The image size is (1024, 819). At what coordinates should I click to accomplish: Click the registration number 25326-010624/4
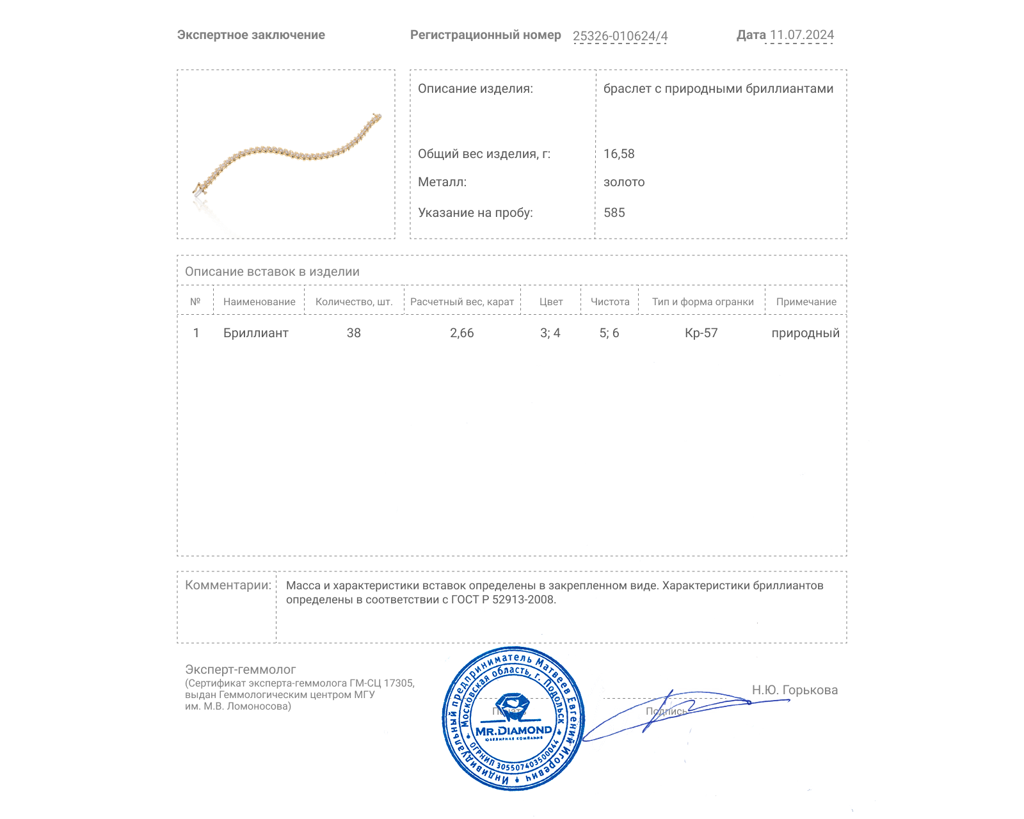coord(620,36)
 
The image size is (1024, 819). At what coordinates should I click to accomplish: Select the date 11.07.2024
coord(801,35)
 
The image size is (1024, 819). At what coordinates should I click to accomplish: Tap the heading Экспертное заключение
coord(251,35)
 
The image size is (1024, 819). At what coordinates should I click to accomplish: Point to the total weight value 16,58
coord(619,154)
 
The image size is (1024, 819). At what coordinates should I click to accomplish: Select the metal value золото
coord(624,182)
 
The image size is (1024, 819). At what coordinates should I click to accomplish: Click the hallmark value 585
coord(614,212)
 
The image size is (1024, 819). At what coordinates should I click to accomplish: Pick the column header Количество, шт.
coord(354,302)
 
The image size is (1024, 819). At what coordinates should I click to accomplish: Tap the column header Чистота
coord(610,302)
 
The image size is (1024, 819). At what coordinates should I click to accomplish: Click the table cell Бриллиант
coord(255,333)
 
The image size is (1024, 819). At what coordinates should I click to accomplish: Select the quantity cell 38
coord(354,333)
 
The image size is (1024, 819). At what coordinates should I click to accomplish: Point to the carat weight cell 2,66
coord(461,333)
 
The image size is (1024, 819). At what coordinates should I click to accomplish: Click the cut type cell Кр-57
coord(701,333)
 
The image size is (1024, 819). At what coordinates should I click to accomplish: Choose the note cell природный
coord(805,333)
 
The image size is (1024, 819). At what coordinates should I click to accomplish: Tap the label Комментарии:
coord(228,585)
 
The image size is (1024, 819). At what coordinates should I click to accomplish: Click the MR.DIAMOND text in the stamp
coord(513,731)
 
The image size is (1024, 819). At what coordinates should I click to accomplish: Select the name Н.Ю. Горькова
coord(794,690)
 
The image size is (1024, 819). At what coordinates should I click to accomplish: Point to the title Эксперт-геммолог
coord(240,669)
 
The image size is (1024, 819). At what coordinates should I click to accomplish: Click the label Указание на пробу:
coord(475,212)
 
